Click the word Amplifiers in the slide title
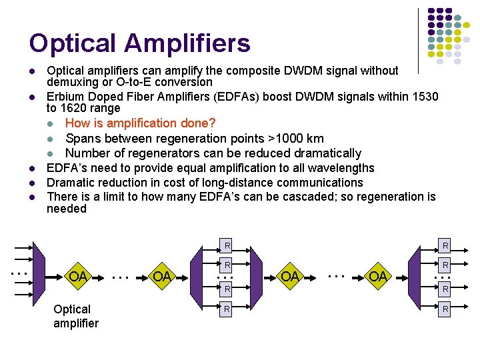(187, 44)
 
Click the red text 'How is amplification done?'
(141, 123)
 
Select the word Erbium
(65, 97)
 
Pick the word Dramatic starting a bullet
(71, 183)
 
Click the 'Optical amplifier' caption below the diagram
(75, 316)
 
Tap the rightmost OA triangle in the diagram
(378, 275)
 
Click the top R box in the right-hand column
(445, 245)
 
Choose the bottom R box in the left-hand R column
(227, 309)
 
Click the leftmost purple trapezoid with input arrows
(37, 273)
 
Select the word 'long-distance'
(211, 183)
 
